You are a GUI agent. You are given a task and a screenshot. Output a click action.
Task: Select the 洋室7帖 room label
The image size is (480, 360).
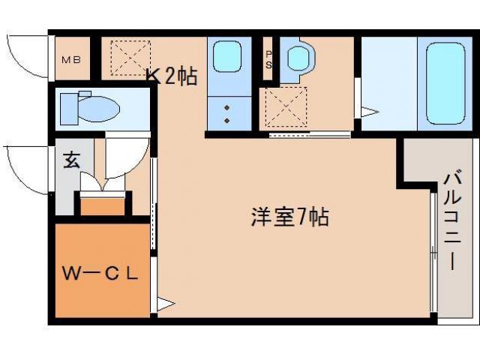[289, 218]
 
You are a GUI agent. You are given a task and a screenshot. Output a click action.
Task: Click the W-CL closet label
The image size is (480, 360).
[99, 274]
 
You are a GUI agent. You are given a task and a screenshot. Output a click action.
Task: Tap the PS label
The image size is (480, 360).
[269, 59]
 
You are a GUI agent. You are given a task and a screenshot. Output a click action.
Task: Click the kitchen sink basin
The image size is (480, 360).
[226, 55]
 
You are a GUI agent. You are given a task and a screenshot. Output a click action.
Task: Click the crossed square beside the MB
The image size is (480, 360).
[125, 58]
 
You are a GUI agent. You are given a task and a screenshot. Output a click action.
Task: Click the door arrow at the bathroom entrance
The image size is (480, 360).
[370, 112]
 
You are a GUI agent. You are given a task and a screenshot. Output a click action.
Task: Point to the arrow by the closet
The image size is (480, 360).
[165, 304]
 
